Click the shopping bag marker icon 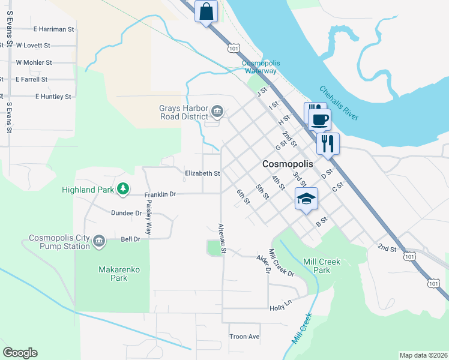[206, 12]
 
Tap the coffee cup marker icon [319, 119]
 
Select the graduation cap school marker [306, 199]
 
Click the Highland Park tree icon [122, 190]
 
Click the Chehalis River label [339, 103]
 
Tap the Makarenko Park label [119, 274]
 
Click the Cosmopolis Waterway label [260, 67]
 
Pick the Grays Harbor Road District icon [217, 110]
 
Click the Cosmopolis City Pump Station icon [99, 241]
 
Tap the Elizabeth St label [202, 173]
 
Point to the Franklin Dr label [160, 194]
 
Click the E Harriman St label [53, 28]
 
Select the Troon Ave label [244, 337]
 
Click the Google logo [20, 353]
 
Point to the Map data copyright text [423, 355]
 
